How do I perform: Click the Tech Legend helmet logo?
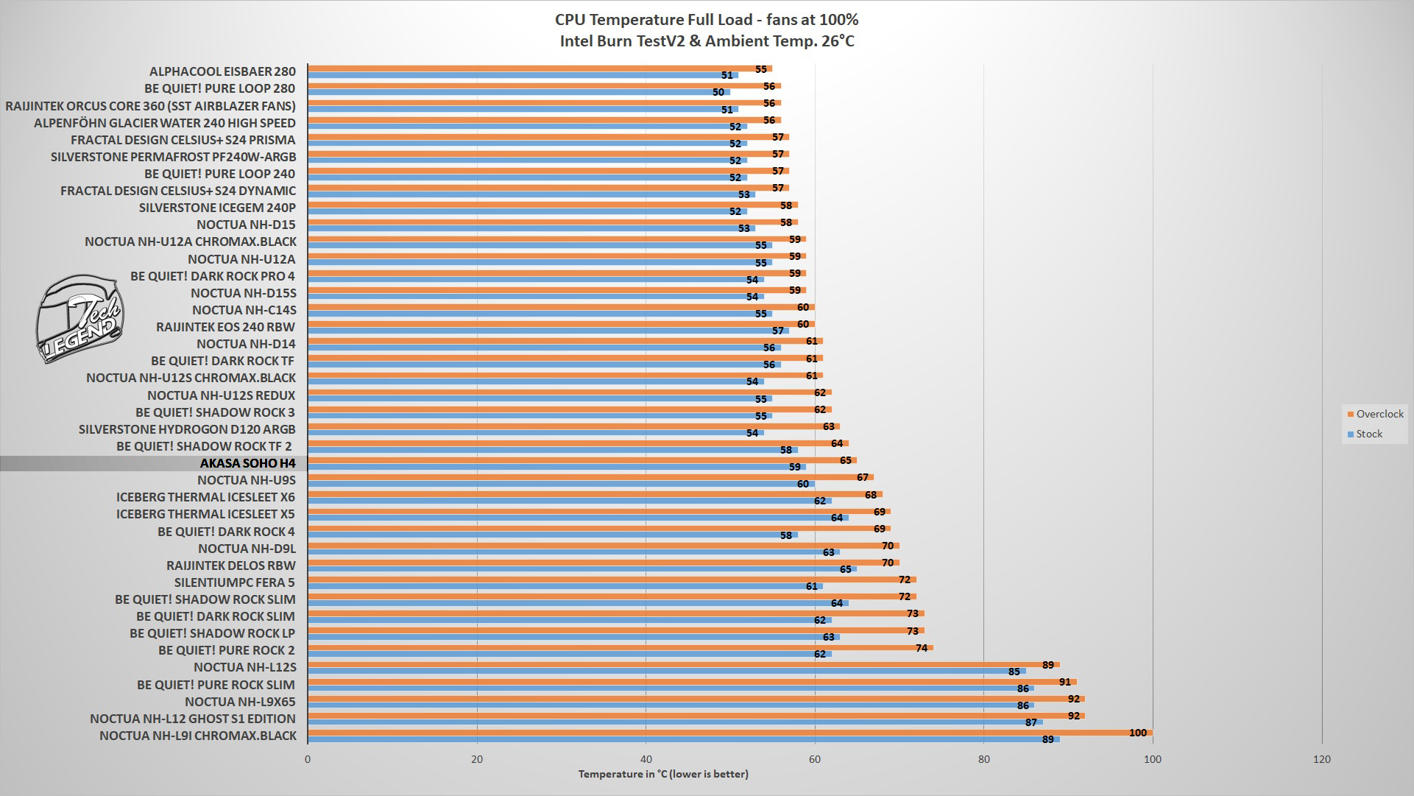click(80, 319)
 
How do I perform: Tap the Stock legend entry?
click(1368, 434)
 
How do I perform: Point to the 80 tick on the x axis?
click(983, 759)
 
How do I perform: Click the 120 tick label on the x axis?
click(1321, 759)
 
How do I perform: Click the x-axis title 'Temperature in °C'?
click(662, 774)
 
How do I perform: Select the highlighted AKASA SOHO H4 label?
click(247, 463)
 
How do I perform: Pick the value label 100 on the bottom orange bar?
click(1137, 733)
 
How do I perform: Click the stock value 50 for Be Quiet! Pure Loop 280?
click(718, 92)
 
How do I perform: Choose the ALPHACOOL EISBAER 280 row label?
click(222, 71)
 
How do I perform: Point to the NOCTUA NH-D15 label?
click(246, 225)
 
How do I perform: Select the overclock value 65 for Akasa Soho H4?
click(845, 460)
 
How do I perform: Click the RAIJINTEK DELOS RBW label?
click(230, 566)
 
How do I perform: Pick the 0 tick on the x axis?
click(308, 759)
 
